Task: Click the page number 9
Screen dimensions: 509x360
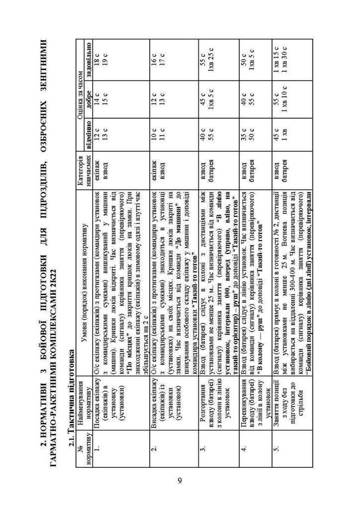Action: (x=180, y=481)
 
